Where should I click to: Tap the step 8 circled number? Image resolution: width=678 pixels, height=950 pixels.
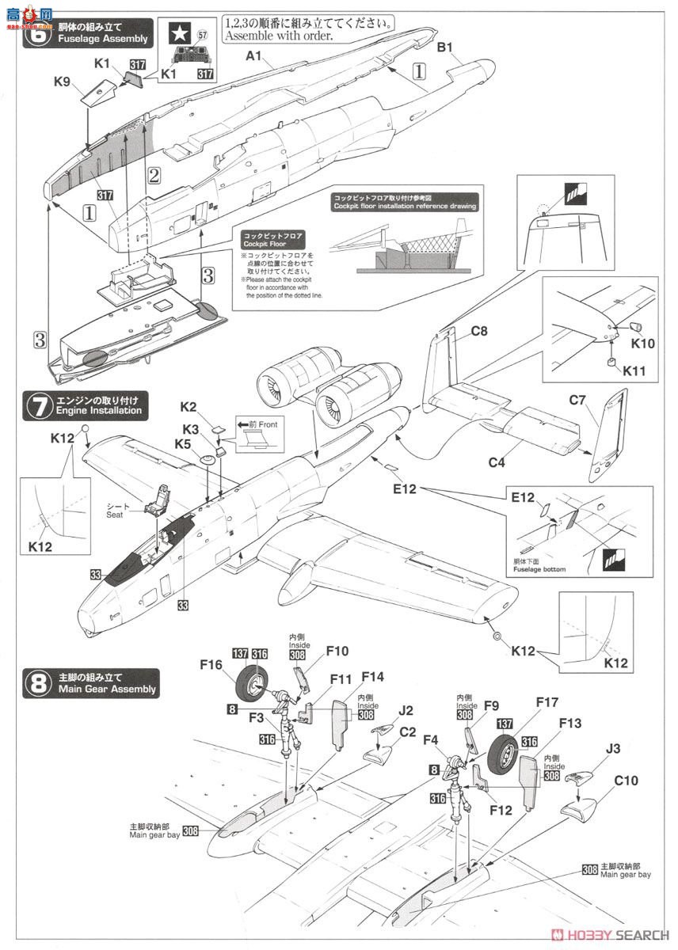pos(37,683)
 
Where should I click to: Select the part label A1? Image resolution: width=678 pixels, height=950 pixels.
pos(253,56)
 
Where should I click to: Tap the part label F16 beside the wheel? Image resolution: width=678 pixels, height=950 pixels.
pos(211,666)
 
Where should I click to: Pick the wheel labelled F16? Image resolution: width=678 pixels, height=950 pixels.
pos(257,682)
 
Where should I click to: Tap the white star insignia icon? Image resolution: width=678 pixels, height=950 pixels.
pos(181,33)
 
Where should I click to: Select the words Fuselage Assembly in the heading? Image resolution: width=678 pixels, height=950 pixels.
pos(102,39)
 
